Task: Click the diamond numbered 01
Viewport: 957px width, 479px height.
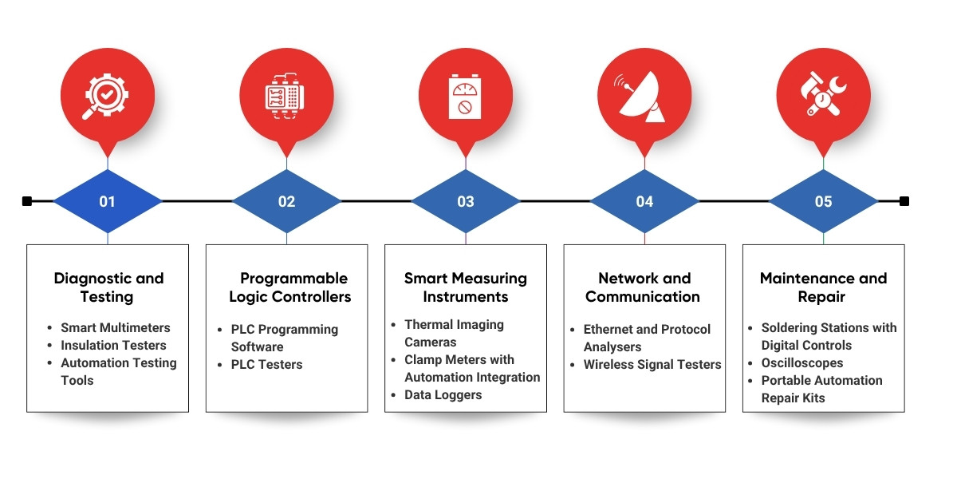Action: (x=108, y=201)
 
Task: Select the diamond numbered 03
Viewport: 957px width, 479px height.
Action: (x=466, y=201)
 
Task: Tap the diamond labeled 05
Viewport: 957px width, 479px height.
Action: (x=823, y=201)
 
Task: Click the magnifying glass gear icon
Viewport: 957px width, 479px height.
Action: (x=108, y=97)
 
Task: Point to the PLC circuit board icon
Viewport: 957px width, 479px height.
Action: (x=286, y=97)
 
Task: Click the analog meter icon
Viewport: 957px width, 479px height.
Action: (x=466, y=97)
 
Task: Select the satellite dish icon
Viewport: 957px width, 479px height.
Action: (x=644, y=97)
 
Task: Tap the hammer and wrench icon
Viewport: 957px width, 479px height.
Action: (x=823, y=97)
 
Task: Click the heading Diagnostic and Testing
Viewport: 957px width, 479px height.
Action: (x=108, y=287)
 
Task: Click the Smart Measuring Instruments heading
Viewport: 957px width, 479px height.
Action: (x=466, y=287)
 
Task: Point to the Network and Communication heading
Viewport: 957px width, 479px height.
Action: (x=644, y=287)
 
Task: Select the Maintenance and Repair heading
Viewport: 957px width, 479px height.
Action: (x=823, y=287)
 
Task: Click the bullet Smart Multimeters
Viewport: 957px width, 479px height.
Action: (x=116, y=328)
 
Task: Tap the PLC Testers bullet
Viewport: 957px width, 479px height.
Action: (x=267, y=365)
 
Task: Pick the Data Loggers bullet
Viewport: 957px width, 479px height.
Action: (x=443, y=395)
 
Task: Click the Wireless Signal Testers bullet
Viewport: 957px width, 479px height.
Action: (x=652, y=365)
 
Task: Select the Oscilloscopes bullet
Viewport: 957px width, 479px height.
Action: (x=802, y=363)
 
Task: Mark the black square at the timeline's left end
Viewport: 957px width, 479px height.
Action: (x=27, y=201)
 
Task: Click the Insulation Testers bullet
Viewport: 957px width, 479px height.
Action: (x=113, y=346)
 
